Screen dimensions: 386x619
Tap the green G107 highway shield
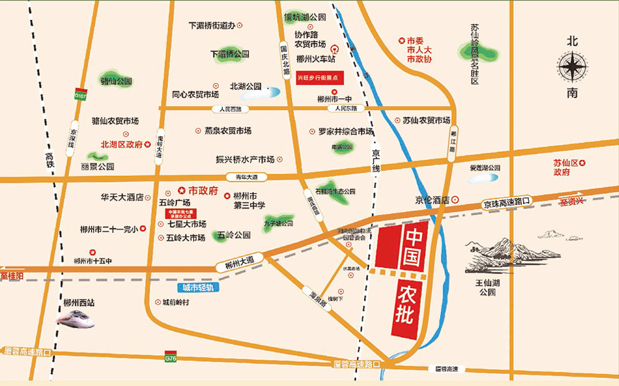[80, 97]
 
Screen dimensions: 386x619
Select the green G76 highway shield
[170, 357]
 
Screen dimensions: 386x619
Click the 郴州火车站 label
[316, 59]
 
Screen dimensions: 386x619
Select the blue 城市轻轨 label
[194, 287]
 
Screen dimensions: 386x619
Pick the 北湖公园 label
[246, 87]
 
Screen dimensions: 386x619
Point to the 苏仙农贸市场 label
[426, 120]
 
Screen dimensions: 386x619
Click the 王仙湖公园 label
[487, 287]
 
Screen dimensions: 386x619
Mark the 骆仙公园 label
[116, 81]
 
